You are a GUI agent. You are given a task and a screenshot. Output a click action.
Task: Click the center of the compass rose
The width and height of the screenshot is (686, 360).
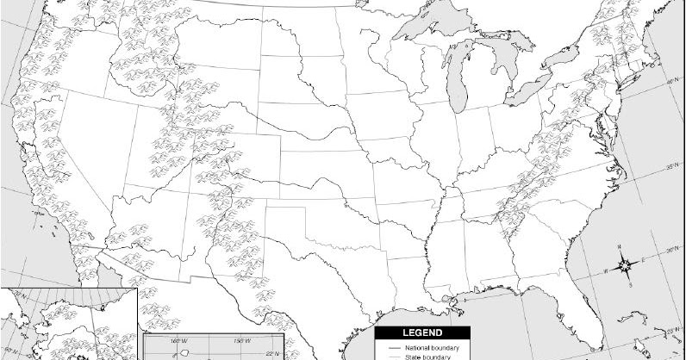point(628,265)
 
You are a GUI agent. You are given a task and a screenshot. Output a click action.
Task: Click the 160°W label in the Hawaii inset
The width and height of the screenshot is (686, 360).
point(178,341)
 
